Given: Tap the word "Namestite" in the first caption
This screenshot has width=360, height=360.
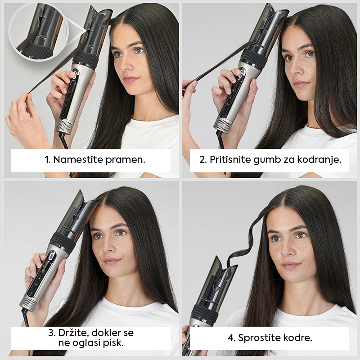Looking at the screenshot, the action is (78, 159).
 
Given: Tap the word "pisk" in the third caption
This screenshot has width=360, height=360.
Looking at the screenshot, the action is (113, 343).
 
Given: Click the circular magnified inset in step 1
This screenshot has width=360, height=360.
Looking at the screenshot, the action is (38, 32).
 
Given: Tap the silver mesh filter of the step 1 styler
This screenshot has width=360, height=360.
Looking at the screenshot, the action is (65, 126).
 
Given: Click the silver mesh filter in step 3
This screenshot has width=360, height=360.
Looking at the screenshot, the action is (29, 302).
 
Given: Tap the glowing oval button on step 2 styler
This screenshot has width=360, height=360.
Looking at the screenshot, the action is (241, 73).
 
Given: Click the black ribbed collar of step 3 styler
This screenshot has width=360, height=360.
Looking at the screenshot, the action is (63, 243).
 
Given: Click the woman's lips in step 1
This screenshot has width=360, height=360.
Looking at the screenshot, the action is (130, 80).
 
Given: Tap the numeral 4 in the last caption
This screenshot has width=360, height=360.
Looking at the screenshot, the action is (230, 338).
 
